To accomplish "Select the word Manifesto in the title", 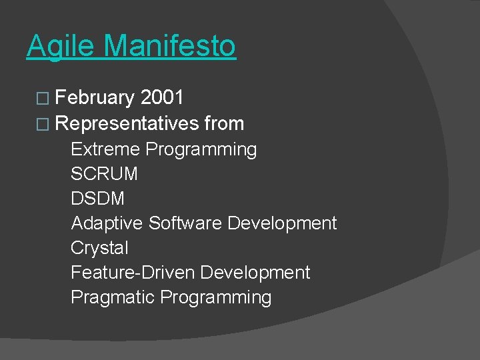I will click(x=170, y=46).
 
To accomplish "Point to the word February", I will click(x=95, y=99).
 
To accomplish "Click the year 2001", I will click(x=162, y=98).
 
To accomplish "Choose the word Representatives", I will click(x=127, y=123).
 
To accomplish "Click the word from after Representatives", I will click(x=224, y=123).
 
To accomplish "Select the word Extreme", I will click(x=105, y=149).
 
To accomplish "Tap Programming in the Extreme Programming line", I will click(x=201, y=149).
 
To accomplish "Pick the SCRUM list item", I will click(x=104, y=173).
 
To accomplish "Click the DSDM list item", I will click(x=97, y=198).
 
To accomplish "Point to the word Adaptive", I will click(x=107, y=223).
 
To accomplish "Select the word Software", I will click(x=185, y=223).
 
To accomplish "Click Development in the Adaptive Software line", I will click(x=282, y=223).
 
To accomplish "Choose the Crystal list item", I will click(x=99, y=248).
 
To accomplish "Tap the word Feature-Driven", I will click(x=133, y=272).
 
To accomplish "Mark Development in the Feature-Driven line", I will click(x=255, y=272).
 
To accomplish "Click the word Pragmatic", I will click(x=113, y=297).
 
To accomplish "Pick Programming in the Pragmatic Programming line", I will click(x=216, y=297).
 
